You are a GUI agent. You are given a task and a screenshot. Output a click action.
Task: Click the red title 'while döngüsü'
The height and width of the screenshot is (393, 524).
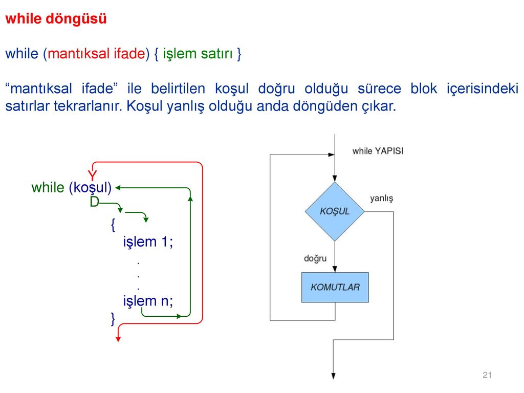56,19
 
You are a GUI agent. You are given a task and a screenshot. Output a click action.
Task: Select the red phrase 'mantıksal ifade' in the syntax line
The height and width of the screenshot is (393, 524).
97,53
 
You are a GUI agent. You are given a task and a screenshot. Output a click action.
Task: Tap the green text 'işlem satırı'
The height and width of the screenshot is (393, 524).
198,54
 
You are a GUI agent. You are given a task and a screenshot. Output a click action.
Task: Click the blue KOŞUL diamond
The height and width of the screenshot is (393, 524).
335,211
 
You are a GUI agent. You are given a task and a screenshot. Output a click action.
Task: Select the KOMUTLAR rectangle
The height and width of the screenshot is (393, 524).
335,288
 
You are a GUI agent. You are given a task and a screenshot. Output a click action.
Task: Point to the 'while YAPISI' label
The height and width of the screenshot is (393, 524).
378,151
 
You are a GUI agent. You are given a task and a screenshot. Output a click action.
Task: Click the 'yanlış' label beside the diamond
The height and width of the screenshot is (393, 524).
381,199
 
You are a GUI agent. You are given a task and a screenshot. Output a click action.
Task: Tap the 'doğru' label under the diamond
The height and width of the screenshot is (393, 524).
315,258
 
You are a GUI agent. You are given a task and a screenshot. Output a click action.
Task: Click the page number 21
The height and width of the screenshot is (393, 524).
487,375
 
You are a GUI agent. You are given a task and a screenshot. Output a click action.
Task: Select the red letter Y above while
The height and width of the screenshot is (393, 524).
92,176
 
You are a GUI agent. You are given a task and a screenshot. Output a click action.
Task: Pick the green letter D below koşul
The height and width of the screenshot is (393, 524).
94,202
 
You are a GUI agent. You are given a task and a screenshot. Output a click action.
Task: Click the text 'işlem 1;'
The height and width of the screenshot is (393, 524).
148,242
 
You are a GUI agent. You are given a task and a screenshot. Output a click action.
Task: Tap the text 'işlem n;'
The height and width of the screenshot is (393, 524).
148,301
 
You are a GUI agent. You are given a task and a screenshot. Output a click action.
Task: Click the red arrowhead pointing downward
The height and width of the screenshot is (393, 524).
118,339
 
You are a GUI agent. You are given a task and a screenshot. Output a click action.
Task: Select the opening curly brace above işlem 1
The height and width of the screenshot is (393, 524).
113,225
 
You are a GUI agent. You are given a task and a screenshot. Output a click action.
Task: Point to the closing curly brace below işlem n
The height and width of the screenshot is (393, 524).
113,319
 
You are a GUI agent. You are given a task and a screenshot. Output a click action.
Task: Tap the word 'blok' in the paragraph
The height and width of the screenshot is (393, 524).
423,89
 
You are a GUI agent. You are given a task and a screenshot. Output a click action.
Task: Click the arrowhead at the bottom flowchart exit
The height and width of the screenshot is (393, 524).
333,376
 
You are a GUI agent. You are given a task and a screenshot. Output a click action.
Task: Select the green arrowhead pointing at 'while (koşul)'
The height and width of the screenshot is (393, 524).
118,188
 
